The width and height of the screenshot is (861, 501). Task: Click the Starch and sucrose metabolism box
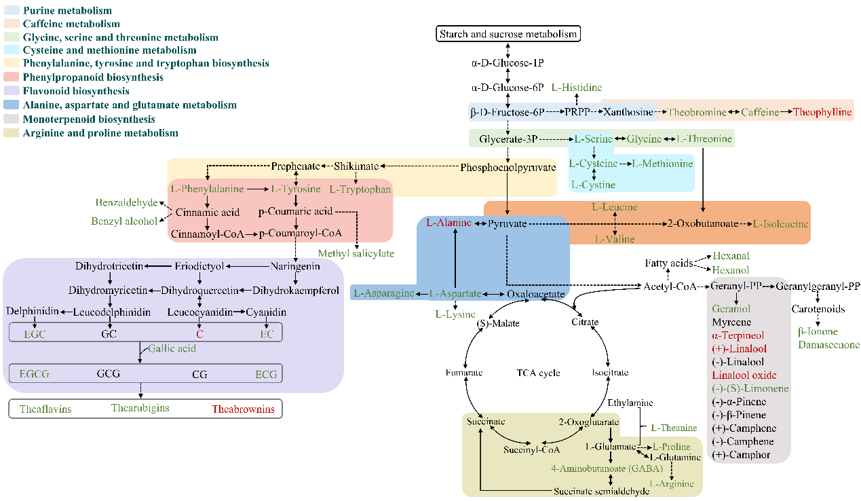[x=508, y=34]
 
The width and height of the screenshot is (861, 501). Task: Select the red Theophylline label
[x=822, y=112]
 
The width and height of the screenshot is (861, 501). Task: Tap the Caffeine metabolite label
[x=760, y=112]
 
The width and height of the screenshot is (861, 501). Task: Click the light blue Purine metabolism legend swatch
[x=12, y=11]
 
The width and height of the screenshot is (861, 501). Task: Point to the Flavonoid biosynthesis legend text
[x=76, y=91]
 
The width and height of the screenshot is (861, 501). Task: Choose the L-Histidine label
[x=576, y=88]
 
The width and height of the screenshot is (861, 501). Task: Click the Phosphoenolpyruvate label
[x=508, y=167]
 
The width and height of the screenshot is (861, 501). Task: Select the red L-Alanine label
[x=448, y=223]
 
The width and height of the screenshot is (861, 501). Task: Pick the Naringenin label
[x=295, y=266]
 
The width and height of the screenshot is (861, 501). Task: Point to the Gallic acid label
[x=172, y=348]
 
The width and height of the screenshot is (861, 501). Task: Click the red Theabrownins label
[x=243, y=409]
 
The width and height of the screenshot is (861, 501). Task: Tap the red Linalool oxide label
[x=744, y=375]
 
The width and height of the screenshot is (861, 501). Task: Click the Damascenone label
[x=828, y=345]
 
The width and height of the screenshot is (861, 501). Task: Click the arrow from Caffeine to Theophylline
[x=786, y=112]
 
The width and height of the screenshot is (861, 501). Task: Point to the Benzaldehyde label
[x=126, y=202]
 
